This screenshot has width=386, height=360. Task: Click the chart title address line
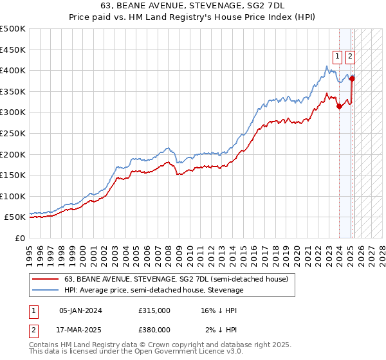pos(193,5)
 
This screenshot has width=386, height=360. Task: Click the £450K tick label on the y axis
pos(13,50)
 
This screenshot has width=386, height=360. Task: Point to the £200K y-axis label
pos(13,154)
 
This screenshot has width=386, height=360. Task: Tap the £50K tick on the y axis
pos(15,217)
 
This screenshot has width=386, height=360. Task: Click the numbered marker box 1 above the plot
pos(338,56)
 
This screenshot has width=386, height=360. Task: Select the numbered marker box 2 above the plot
pos(350,56)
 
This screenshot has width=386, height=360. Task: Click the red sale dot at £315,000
pos(339,107)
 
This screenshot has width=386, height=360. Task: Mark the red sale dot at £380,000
pos(352,79)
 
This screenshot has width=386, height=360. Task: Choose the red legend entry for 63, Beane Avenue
pos(180,279)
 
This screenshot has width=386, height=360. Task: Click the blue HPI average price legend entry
pos(154,290)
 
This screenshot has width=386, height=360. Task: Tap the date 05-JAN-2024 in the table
pos(80,310)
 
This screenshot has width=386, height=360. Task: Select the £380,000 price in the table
pos(154,329)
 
